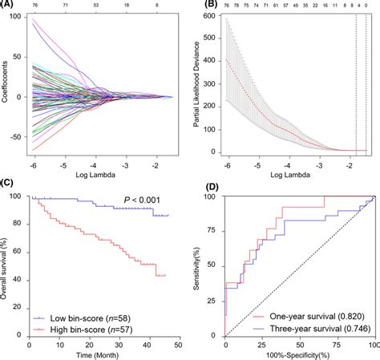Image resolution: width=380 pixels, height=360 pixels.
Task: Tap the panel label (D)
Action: point(211,187)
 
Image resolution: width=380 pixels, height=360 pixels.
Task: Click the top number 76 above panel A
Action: point(34,5)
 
